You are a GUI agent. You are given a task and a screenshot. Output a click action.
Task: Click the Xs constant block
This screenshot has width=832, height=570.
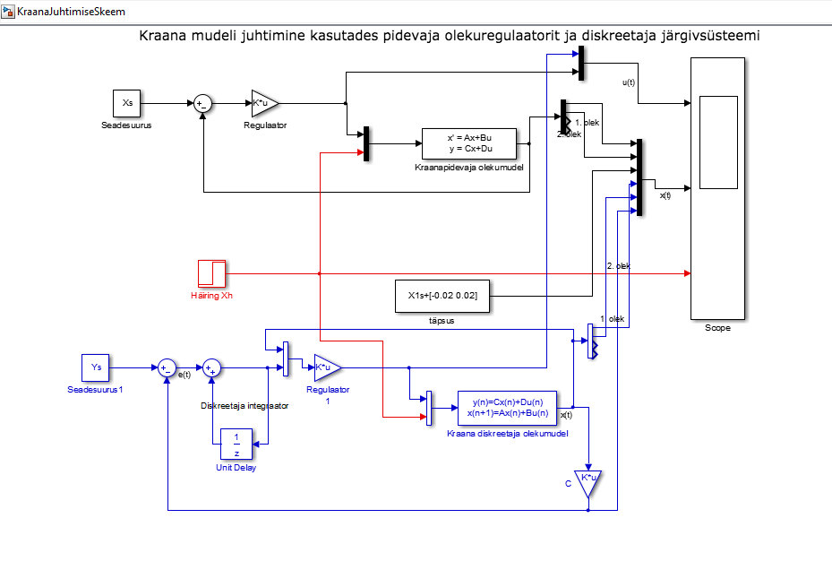tap(127, 103)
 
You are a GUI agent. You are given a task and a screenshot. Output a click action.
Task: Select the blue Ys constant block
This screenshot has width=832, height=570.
tap(96, 367)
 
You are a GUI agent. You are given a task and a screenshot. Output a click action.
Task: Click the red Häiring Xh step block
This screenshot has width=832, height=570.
tap(211, 273)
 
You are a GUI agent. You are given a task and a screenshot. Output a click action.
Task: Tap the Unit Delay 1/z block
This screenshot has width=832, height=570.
tap(236, 445)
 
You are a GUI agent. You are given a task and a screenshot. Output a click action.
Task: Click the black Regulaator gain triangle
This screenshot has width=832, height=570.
tap(263, 103)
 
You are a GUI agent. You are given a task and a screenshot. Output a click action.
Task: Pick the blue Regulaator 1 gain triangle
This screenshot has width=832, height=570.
tap(326, 367)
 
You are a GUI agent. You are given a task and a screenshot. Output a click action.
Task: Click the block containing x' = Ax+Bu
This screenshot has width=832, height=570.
tap(469, 143)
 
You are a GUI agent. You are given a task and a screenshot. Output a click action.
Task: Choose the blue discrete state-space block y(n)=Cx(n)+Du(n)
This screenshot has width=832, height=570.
tap(507, 408)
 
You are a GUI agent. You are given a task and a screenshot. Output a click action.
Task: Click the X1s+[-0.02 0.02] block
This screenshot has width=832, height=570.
tap(442, 296)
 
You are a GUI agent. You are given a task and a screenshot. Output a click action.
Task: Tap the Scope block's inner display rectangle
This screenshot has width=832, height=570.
tap(718, 142)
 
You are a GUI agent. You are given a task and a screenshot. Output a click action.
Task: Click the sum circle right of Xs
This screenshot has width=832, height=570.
tap(202, 104)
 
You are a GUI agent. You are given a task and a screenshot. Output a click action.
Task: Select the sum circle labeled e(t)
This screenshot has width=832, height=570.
tap(167, 367)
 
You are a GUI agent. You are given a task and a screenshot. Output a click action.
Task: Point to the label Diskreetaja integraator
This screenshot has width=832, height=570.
tap(244, 406)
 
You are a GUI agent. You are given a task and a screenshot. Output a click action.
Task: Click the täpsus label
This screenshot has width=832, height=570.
tap(442, 321)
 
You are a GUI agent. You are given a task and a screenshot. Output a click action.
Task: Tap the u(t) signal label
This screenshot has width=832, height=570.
tap(629, 82)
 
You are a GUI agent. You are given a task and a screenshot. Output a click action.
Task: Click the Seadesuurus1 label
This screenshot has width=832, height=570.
tap(95, 389)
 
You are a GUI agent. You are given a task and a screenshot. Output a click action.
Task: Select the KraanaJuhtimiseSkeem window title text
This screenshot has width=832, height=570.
tap(71, 11)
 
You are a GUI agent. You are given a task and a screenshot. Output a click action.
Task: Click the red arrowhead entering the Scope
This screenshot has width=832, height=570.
tap(688, 273)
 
